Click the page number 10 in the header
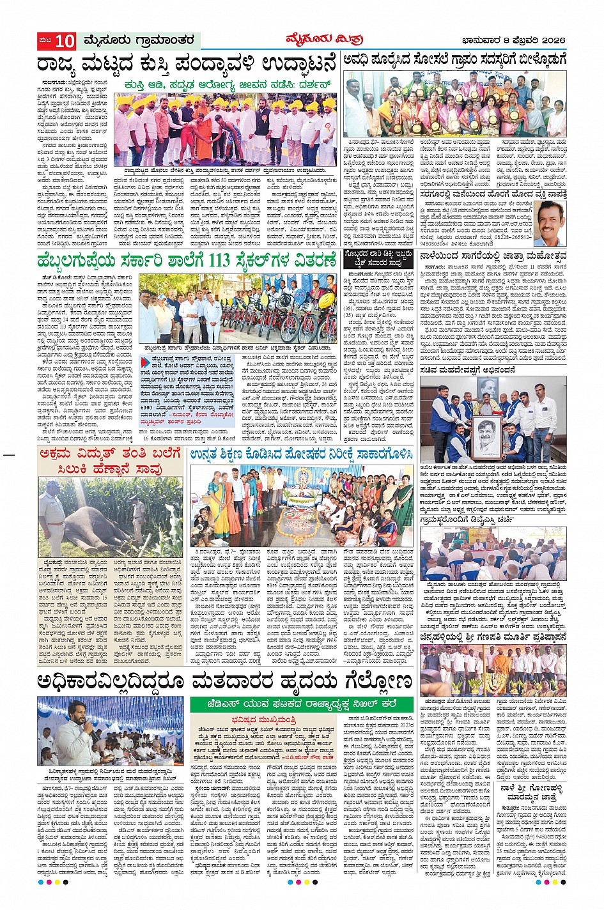pyautogui.click(x=64, y=42)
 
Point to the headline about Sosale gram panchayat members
pyautogui.click(x=454, y=60)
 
